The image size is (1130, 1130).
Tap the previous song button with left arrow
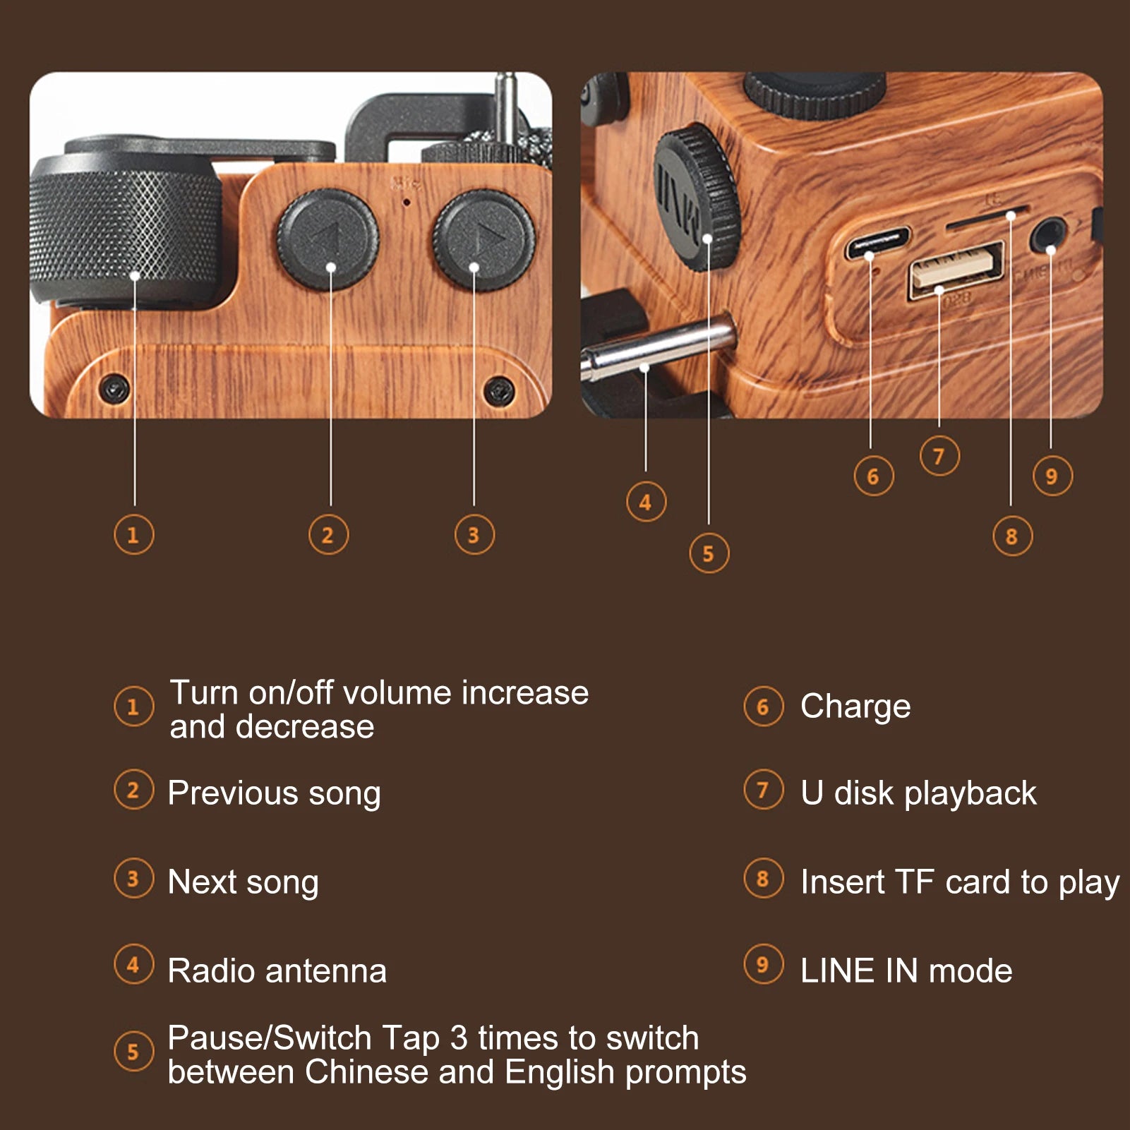pos(327,240)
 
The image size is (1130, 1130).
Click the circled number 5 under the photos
pos(709,553)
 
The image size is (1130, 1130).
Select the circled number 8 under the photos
pos(1012,536)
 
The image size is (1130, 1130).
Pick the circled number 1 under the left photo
pos(133,535)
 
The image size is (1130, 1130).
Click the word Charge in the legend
pos(855,707)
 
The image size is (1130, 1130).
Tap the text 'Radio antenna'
pos(277,971)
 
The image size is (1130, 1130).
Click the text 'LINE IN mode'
pos(906,971)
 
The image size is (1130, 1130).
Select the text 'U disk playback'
pos(918,793)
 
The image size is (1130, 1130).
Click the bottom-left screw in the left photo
pos(114,387)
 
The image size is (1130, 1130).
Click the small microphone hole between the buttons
pos(407,202)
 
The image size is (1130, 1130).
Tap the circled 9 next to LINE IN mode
pos(763,964)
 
